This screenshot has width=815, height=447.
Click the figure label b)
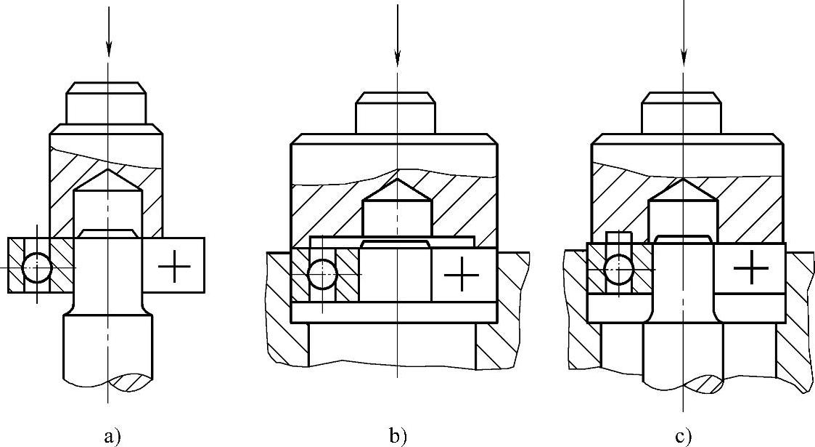[x=398, y=436]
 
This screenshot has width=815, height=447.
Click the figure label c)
[x=683, y=436]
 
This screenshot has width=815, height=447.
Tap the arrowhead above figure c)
[x=683, y=55]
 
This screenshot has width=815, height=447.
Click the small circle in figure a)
[x=37, y=268]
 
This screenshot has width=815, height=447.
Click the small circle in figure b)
[x=322, y=275]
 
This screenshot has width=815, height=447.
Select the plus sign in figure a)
[x=174, y=267]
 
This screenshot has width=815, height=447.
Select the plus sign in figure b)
[x=462, y=275]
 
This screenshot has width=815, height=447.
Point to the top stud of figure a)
[x=107, y=103]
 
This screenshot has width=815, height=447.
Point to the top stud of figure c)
[x=681, y=113]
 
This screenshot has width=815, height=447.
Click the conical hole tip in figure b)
[x=397, y=182]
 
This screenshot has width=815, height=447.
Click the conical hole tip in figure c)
[x=681, y=182]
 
